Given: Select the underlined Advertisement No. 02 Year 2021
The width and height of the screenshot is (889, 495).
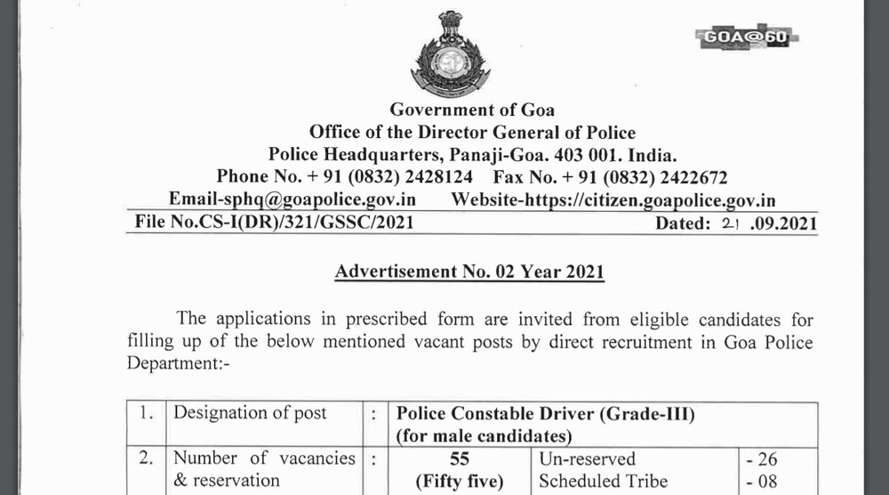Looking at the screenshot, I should coord(469,271).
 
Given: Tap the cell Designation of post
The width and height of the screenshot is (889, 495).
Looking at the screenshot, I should coord(250,412).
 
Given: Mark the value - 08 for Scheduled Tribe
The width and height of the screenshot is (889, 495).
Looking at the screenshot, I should coord(763,482).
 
